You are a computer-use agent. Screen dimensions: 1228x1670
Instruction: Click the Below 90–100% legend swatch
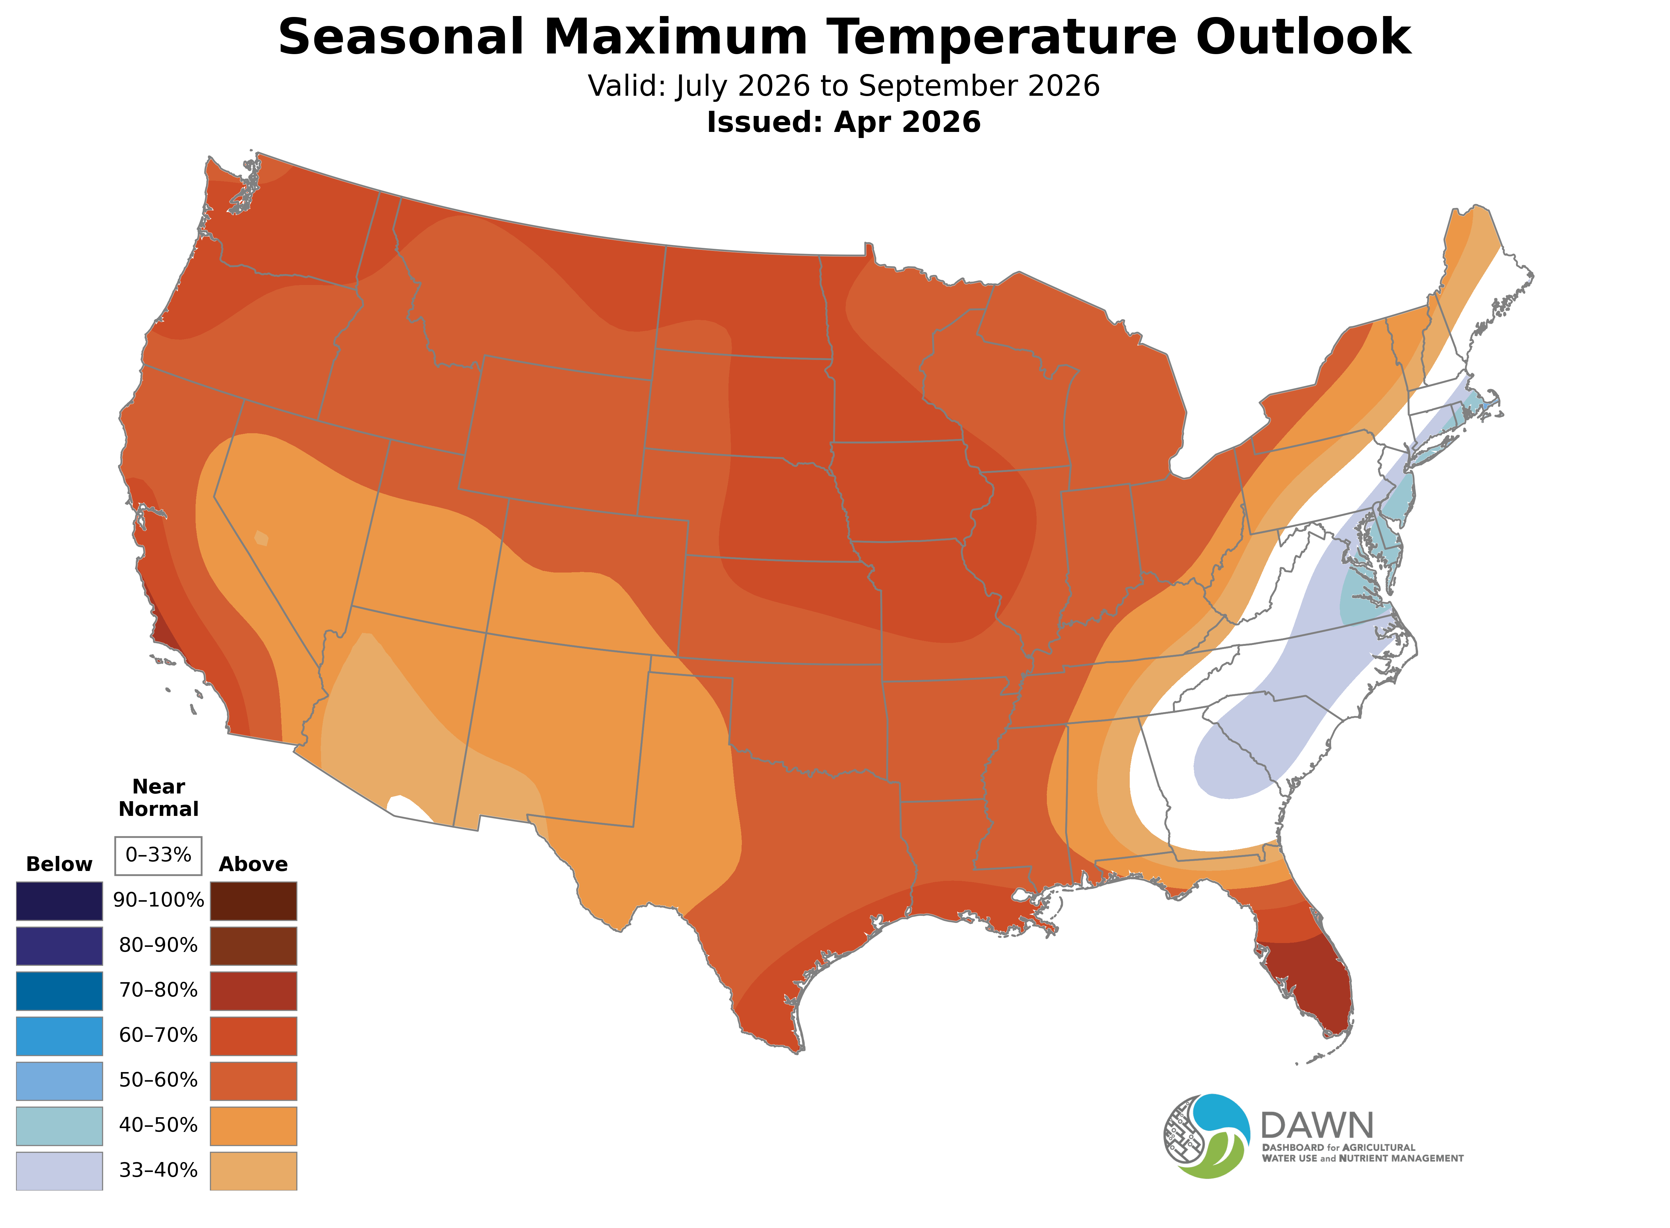pyautogui.click(x=60, y=901)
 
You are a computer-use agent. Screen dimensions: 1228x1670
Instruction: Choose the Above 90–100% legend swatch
pyautogui.click(x=253, y=901)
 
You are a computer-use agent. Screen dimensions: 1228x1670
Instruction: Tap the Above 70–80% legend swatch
pyautogui.click(x=253, y=991)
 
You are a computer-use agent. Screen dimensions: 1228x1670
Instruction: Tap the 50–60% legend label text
pyautogui.click(x=158, y=1080)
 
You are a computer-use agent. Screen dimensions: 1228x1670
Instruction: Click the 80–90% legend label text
pyautogui.click(x=158, y=946)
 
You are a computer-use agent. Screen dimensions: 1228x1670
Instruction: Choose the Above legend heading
pyautogui.click(x=253, y=865)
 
